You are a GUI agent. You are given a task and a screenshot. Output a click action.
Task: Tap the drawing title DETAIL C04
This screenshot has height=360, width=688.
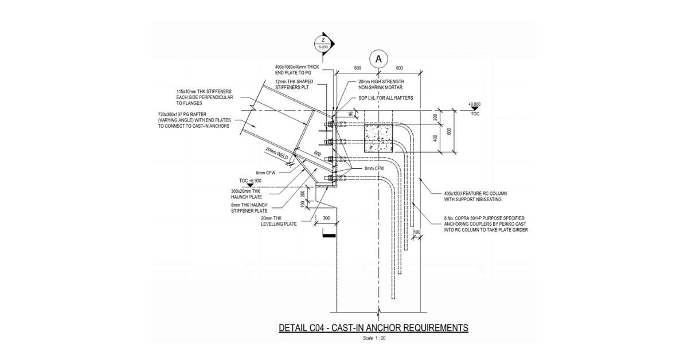[x=373, y=328]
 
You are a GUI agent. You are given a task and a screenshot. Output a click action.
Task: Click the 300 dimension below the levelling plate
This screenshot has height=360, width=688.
[x=326, y=218]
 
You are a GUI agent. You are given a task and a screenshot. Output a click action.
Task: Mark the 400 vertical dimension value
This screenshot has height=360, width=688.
[x=435, y=138]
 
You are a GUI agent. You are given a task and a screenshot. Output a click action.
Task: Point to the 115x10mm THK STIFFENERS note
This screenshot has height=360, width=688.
[x=203, y=97]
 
